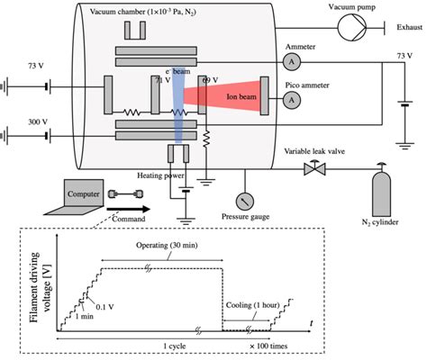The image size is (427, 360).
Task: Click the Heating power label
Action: coord(162,175)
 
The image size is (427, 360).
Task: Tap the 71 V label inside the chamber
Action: coord(163,80)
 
